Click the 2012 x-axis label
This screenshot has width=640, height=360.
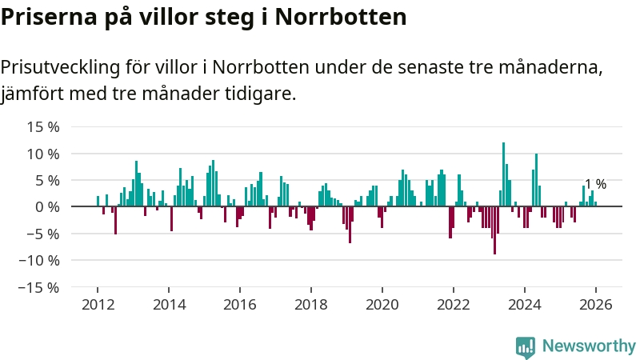point(98,305)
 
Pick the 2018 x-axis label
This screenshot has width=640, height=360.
point(311,305)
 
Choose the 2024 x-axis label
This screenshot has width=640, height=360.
point(525,305)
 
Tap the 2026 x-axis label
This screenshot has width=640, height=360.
point(596,305)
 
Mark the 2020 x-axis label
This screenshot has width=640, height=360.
point(382,305)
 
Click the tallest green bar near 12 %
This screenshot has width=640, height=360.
point(503,174)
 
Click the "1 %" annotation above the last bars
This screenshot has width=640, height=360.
point(595,184)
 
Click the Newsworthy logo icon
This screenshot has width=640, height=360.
point(526,346)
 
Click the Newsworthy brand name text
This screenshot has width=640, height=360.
point(589,346)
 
